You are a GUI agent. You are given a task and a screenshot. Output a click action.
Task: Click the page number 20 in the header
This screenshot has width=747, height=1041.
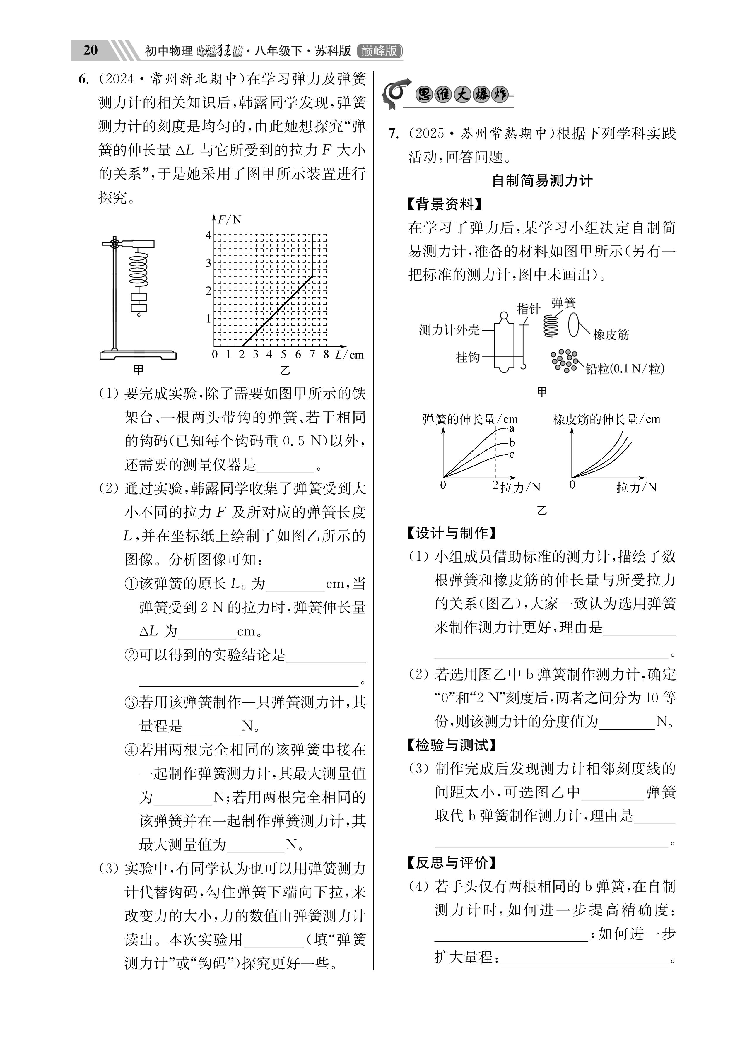pyautogui.click(x=90, y=50)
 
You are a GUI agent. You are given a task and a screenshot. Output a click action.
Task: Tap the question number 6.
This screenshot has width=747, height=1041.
pyautogui.click(x=83, y=79)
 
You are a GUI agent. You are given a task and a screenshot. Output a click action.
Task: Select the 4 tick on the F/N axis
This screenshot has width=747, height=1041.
pyautogui.click(x=208, y=235)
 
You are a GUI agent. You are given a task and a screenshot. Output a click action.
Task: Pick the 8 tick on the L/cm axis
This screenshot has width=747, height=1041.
pyautogui.click(x=326, y=354)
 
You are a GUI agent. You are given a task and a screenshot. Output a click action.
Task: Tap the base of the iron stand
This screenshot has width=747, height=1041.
pyautogui.click(x=138, y=355)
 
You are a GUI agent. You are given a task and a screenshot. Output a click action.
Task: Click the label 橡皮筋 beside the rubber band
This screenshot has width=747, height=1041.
pyautogui.click(x=611, y=334)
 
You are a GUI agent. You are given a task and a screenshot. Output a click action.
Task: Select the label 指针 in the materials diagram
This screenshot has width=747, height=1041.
pyautogui.click(x=529, y=309)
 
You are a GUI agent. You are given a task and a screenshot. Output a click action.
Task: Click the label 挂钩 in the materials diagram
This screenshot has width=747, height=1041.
pyautogui.click(x=467, y=357)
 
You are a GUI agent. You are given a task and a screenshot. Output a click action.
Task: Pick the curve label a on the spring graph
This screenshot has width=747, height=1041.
pyautogui.click(x=512, y=429)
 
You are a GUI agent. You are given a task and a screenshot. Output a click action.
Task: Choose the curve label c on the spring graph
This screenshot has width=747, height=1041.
pyautogui.click(x=512, y=454)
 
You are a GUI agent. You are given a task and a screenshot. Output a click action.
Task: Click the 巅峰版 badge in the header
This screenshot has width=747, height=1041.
pyautogui.click(x=379, y=50)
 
